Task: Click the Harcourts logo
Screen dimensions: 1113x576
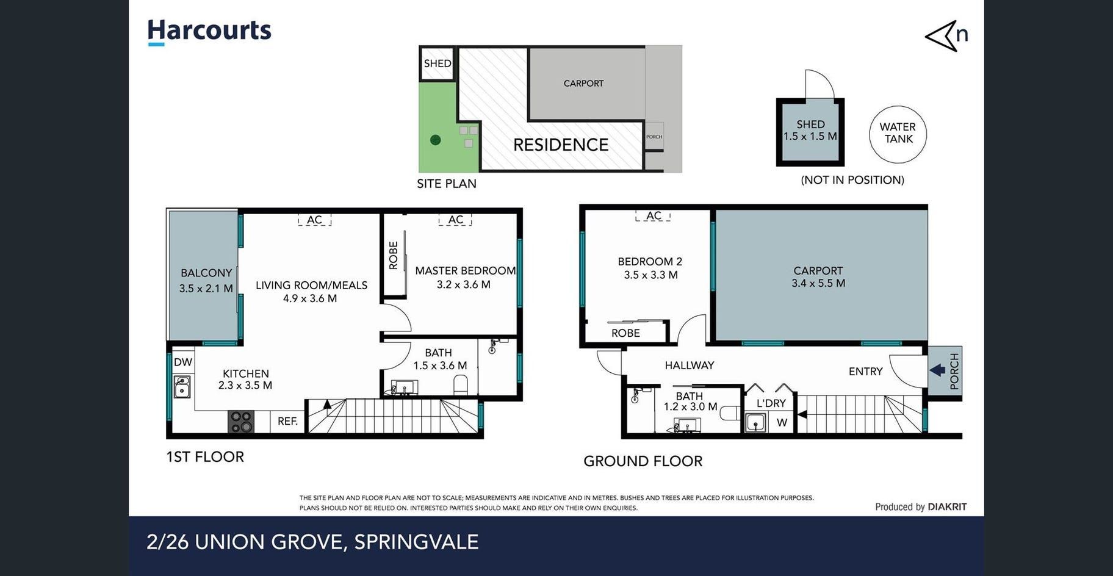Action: point(209,32)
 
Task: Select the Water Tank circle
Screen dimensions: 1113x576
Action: point(898,134)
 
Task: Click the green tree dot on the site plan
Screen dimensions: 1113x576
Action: point(435,140)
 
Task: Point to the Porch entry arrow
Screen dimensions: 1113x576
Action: point(938,370)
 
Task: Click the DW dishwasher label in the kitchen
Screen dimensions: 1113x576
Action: point(182,362)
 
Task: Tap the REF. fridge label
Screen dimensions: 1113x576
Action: point(287,421)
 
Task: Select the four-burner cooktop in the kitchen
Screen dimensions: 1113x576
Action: point(240,422)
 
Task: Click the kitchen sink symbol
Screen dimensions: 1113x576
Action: point(182,386)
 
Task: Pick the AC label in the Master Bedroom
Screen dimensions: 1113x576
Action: point(455,220)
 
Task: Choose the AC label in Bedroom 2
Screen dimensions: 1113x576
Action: point(654,215)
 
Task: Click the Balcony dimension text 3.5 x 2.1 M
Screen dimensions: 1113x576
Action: point(206,288)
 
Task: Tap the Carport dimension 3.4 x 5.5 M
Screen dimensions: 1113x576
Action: point(818,283)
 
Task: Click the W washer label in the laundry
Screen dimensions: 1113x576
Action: point(782,422)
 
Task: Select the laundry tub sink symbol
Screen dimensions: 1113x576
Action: point(755,422)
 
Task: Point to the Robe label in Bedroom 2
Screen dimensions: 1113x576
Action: point(625,333)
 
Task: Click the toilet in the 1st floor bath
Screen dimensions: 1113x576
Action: point(461,385)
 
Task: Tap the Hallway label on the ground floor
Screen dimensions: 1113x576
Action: point(689,365)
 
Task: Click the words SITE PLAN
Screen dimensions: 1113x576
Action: point(447,184)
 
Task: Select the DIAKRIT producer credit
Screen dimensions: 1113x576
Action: point(947,506)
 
